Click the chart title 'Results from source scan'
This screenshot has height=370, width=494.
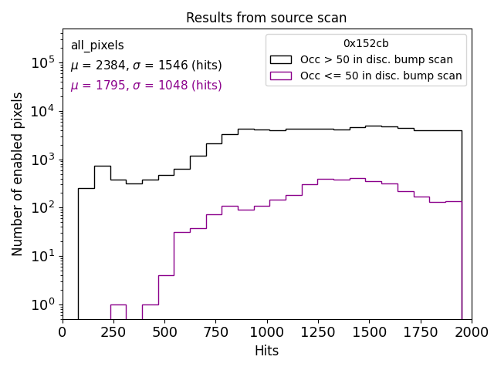pos(266,18)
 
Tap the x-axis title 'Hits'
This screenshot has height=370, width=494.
pos(266,351)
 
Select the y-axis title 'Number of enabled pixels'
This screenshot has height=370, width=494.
pos(18,174)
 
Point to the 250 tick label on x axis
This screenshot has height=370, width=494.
pos(113,331)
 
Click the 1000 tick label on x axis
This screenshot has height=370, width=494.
pos(267,331)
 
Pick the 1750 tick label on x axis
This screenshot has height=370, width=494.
pos(420,331)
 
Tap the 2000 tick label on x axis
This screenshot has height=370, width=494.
pos(471,331)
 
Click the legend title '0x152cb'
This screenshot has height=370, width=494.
pos(366,43)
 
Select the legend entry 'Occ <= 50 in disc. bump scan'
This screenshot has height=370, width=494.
pos(381,76)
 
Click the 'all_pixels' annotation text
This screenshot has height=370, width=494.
pos(97,45)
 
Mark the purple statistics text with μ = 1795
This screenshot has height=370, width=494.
pos(146,86)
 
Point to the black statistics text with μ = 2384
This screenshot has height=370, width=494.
pos(146,66)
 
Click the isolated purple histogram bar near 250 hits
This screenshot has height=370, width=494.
pos(118,311)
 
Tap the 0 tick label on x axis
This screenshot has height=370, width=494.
pos(63,331)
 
